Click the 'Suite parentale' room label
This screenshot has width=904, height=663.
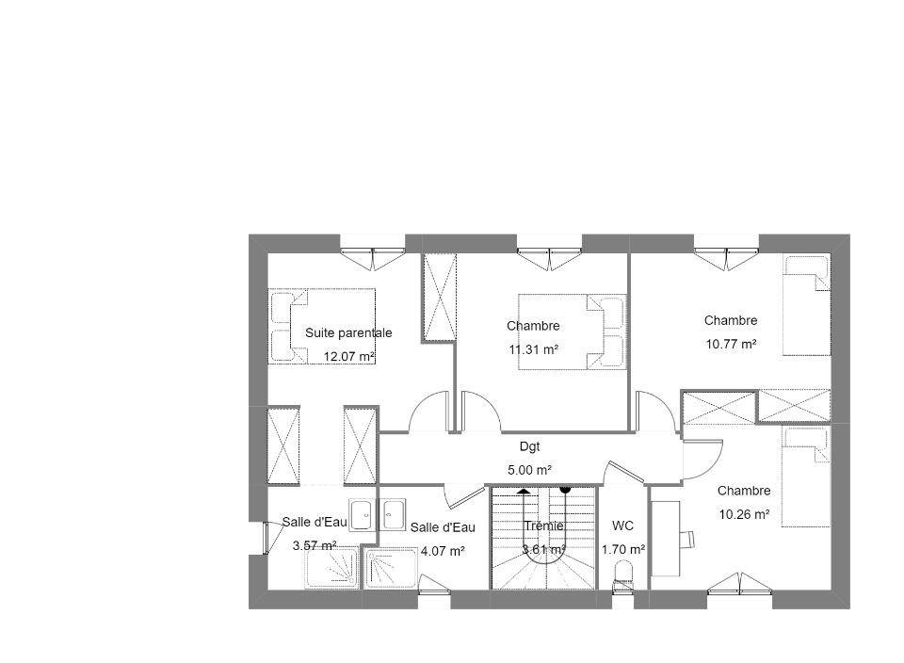click(348, 332)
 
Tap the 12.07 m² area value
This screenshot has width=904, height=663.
click(349, 356)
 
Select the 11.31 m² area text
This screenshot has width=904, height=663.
click(533, 349)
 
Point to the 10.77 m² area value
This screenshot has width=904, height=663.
click(731, 344)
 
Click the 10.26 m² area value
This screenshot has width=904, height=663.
click(744, 514)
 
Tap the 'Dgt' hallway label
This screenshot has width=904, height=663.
click(530, 446)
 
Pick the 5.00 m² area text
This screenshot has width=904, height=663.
click(530, 470)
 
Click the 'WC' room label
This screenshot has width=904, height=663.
click(622, 526)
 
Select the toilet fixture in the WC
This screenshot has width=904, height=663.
click(622, 575)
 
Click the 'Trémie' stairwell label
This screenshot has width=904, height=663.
click(543, 526)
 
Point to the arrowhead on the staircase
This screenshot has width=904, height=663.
click(524, 492)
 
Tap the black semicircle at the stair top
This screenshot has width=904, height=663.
click(565, 490)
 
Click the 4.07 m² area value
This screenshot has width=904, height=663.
click(443, 551)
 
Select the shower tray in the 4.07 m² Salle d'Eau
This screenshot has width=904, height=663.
click(390, 569)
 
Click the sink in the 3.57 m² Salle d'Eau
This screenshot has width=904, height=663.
click(363, 515)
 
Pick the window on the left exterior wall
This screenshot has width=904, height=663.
click(266, 539)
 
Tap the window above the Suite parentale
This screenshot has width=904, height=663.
click(373, 253)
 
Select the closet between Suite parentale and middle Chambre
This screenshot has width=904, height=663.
click(440, 298)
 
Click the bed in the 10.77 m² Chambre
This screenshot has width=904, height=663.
click(807, 305)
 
